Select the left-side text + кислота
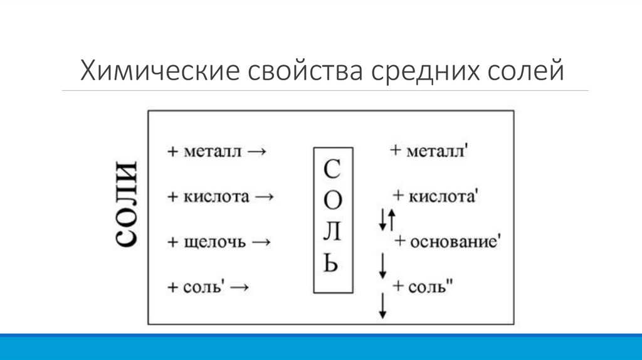(208, 196)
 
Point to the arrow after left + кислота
(265, 196)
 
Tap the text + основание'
(446, 241)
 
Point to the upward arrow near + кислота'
(392, 220)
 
